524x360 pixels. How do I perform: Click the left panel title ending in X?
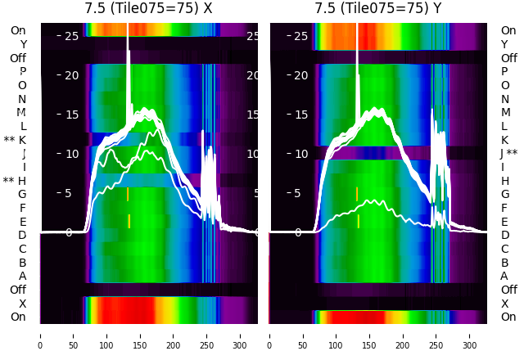(149, 9)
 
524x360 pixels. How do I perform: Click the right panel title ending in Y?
(379, 9)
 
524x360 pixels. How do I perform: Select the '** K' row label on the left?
(15, 140)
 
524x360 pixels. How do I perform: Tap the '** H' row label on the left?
(15, 181)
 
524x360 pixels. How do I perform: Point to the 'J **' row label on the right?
(509, 153)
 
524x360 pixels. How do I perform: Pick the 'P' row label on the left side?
(22, 71)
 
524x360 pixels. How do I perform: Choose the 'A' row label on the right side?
(504, 276)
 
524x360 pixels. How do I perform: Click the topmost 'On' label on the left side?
(18, 30)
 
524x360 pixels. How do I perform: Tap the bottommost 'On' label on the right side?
(508, 317)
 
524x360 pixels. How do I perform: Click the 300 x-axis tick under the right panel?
(470, 335)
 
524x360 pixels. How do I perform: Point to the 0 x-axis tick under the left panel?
(40, 335)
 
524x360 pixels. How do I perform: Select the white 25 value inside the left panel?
(70, 36)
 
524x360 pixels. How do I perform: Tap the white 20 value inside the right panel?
(300, 75)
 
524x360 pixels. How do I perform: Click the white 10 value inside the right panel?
(300, 154)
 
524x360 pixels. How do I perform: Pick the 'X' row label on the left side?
(22, 304)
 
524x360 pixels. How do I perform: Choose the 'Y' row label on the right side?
(504, 44)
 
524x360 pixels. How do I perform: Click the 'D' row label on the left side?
(22, 235)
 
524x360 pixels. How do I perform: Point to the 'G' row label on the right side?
(504, 194)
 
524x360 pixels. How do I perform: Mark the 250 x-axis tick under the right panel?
(436, 335)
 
